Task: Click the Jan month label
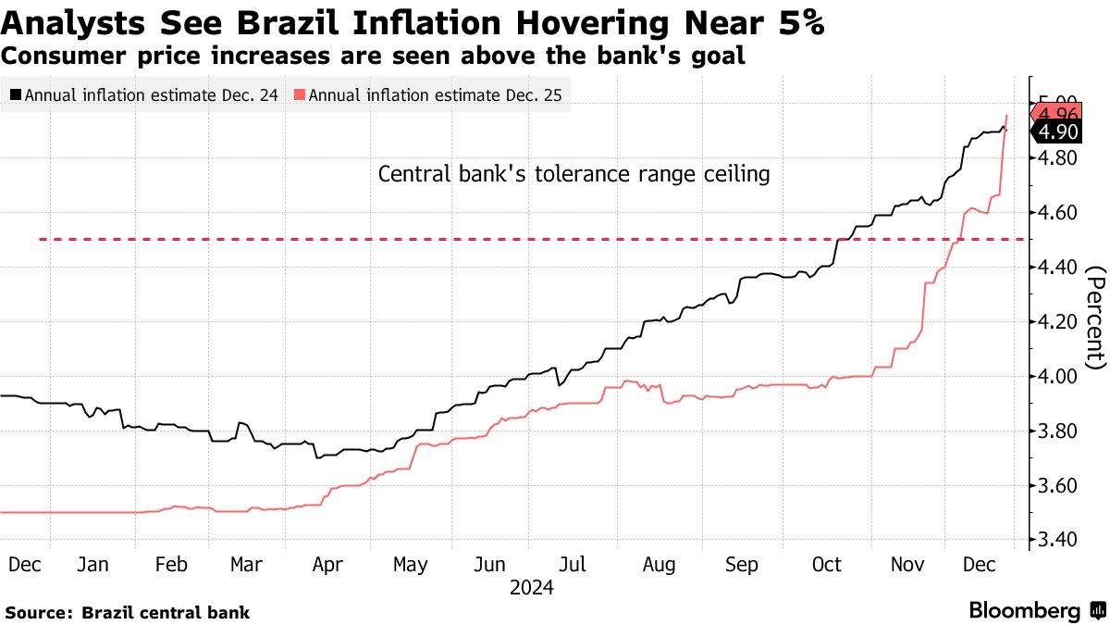(x=93, y=564)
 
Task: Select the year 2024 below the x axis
(x=531, y=587)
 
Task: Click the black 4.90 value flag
(x=1058, y=131)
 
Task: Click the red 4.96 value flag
(x=1058, y=114)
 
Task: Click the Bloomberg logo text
(x=1024, y=611)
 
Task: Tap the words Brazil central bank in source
(x=166, y=612)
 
